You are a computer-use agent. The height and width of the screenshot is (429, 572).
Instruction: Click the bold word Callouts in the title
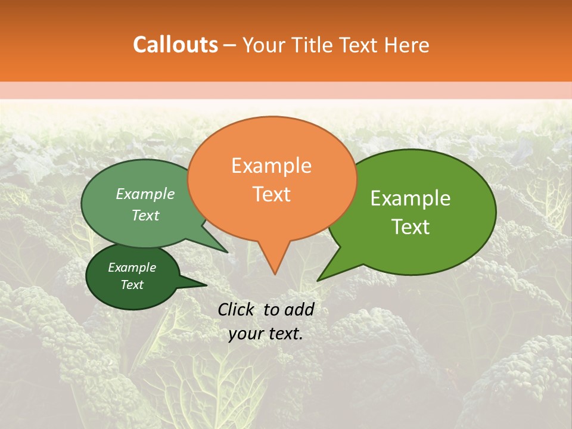tap(175, 45)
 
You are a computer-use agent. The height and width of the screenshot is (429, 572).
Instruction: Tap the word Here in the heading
tap(406, 45)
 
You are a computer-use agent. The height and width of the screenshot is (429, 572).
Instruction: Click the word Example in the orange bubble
tap(271, 166)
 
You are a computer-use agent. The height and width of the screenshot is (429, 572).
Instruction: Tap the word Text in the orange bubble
tap(271, 194)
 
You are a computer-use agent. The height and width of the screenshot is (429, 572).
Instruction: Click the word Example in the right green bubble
tap(411, 198)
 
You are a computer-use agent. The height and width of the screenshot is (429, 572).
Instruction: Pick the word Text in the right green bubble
tap(411, 227)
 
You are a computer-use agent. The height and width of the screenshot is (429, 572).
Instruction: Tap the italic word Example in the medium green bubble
tap(145, 194)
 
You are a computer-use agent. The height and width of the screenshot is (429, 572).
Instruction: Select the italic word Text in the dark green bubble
tap(132, 285)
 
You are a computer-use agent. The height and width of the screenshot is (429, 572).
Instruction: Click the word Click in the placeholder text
tap(237, 309)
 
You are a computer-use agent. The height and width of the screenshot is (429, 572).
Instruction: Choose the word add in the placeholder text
tap(299, 309)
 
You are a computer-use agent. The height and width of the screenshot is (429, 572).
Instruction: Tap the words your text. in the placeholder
tap(266, 334)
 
